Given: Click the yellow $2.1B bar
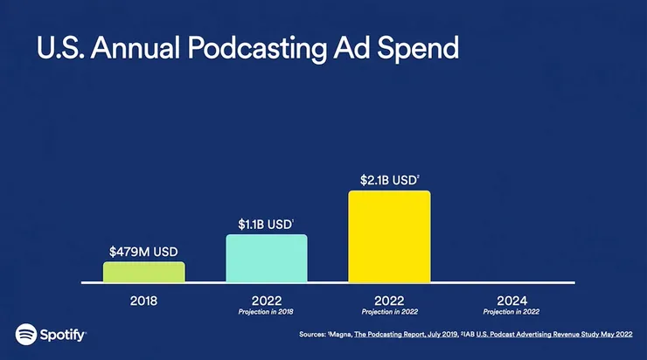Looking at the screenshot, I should click(389, 237).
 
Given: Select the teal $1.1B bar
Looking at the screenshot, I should click(267, 259).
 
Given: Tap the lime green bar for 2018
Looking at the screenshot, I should click(144, 272).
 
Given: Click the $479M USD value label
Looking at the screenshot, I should click(144, 251).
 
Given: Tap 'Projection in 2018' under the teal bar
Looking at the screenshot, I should click(267, 311).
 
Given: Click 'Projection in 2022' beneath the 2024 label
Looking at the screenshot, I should click(511, 311).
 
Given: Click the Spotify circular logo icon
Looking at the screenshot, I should click(25, 334).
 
